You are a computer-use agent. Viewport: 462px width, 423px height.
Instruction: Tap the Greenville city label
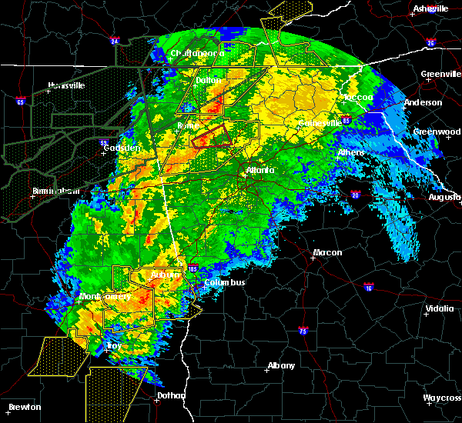coord(440,75)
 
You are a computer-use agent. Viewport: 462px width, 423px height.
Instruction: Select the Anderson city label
coord(423,102)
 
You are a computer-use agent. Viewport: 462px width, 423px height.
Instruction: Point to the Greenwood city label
coord(437,132)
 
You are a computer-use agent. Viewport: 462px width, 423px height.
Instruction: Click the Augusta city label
coord(444,198)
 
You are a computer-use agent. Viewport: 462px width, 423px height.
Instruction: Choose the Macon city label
coord(327,253)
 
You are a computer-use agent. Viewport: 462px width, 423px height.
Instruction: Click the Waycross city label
coord(441,398)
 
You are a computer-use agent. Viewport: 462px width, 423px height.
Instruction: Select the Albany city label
coord(281,365)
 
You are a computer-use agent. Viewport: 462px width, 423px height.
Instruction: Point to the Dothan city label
coord(172,396)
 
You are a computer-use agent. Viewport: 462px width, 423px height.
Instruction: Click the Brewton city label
coord(25,407)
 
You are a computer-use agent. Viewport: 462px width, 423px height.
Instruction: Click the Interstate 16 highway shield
coord(369,288)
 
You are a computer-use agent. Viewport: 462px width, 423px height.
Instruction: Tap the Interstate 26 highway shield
coord(430,43)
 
